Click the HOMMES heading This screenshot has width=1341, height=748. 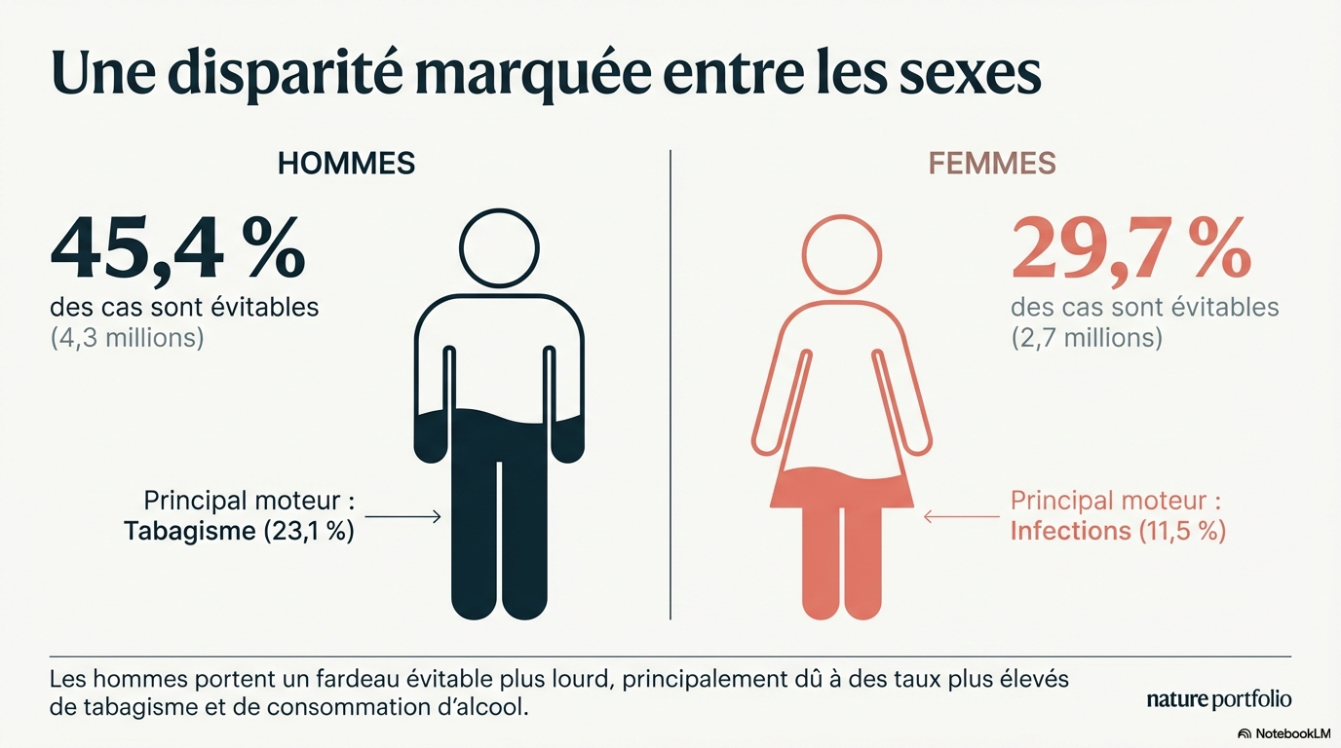346,164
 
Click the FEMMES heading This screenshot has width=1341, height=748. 992,164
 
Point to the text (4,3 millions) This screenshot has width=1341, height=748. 127,340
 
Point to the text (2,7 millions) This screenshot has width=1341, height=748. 1087,338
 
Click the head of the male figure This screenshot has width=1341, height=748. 499,249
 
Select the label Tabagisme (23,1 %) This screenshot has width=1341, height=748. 239,532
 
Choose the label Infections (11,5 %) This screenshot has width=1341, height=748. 1118,531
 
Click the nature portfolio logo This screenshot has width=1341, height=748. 1219,699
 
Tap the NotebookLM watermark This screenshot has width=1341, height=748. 1284,733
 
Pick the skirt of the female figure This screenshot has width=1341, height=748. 841,487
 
